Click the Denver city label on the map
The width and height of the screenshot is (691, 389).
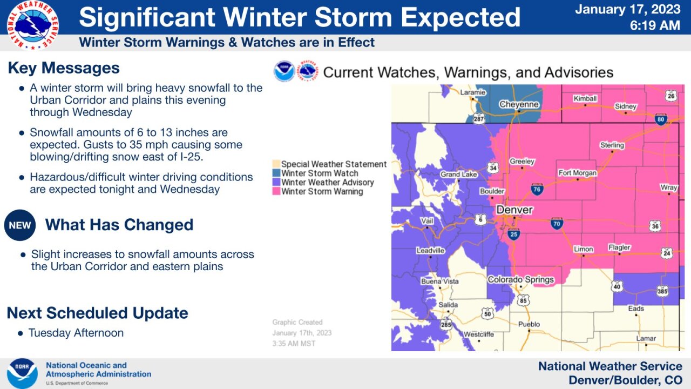[x=514, y=210]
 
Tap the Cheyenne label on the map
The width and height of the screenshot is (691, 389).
[x=519, y=104]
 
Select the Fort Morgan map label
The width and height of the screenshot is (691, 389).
[x=577, y=173]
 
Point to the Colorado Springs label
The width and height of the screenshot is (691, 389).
[x=520, y=279]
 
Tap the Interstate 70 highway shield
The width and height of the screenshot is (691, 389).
[x=557, y=223]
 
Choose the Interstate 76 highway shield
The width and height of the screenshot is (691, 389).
[x=536, y=189]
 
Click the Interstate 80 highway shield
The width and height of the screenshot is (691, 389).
[x=661, y=119]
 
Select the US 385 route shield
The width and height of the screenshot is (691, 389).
[x=662, y=291]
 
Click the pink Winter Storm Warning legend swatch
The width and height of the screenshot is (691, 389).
[x=276, y=192]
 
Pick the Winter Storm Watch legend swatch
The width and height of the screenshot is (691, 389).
[x=276, y=173]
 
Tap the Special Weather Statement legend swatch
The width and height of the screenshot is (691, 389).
[x=276, y=164]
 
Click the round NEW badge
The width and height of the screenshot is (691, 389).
[x=20, y=225]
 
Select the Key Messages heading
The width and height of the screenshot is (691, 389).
[x=64, y=68]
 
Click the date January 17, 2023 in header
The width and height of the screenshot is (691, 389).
[x=627, y=9]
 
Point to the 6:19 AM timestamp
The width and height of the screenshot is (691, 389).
[x=655, y=25]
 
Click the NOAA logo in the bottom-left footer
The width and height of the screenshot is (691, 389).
[x=22, y=373]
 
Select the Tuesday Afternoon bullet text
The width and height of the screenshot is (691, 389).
[x=76, y=333]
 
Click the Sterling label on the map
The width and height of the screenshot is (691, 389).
[x=612, y=145]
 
